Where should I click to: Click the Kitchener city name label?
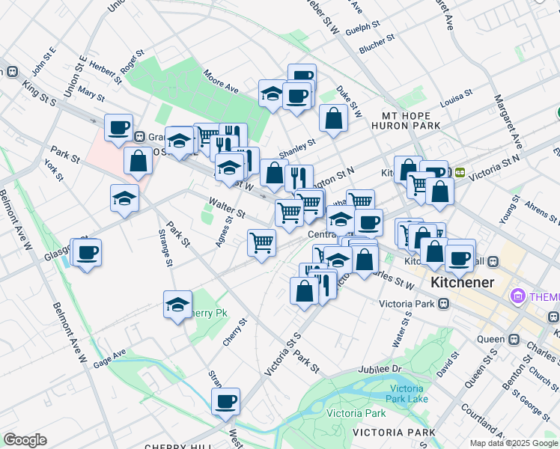coord(463,282)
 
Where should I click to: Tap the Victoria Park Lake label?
coord(408,393)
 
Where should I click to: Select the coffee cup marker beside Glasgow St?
coord(87,252)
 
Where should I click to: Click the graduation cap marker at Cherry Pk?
coord(177,304)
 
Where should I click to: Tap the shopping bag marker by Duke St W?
coord(333,117)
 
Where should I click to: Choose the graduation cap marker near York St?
coord(125,198)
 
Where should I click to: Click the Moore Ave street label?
coord(221,82)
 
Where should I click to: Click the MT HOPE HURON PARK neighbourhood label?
coord(411,121)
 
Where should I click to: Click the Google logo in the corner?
coord(25,440)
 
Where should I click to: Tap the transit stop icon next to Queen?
coord(514,338)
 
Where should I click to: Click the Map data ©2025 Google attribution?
coord(513,443)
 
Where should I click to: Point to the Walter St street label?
coord(227,208)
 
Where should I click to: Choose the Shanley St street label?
coord(296,142)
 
